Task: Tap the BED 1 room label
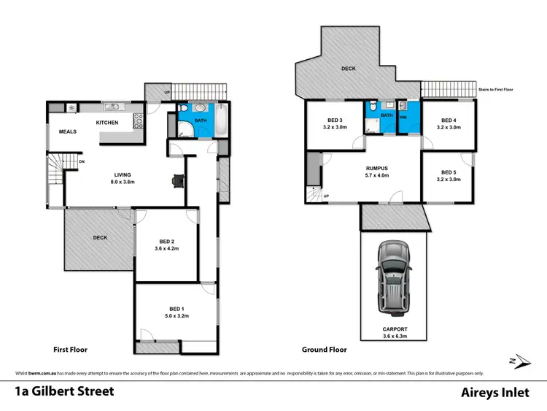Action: click(x=175, y=309)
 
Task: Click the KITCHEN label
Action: click(x=107, y=123)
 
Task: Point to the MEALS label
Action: click(x=69, y=132)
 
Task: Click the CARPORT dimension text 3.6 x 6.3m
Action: click(x=394, y=337)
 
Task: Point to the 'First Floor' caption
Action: click(x=71, y=350)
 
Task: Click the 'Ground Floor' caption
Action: click(x=325, y=350)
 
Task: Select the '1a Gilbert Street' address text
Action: click(x=65, y=391)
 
